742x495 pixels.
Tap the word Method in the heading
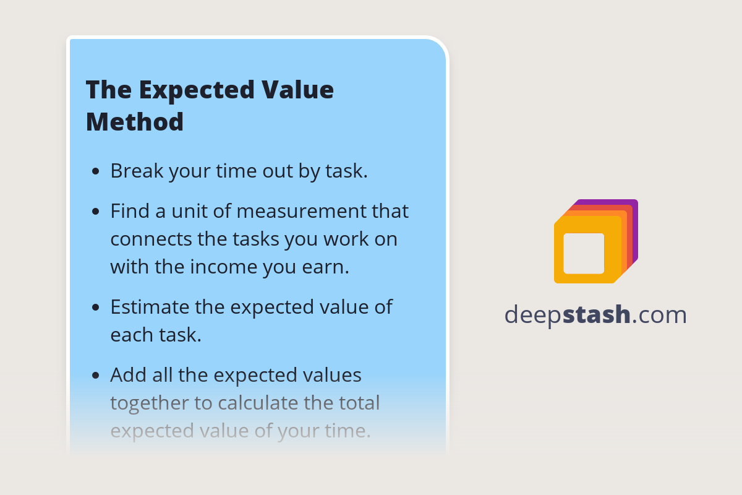[135, 121]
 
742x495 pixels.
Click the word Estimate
[150, 307]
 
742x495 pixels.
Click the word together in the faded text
[150, 403]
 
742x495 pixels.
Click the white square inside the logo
[584, 253]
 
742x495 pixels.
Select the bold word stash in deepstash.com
[597, 315]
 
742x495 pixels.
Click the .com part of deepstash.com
[660, 315]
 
